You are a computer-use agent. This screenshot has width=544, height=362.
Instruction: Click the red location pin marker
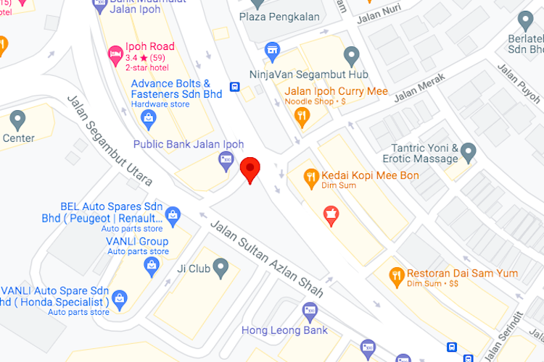tap(250, 169)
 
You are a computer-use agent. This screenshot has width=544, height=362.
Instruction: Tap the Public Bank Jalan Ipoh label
tap(188, 144)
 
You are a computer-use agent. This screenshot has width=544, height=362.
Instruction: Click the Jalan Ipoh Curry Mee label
tap(336, 91)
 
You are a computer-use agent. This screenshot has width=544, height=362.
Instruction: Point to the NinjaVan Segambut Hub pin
tap(352, 56)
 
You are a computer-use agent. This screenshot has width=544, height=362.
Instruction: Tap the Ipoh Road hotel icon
tap(115, 52)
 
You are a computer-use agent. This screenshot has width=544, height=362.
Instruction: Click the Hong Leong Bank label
tap(284, 330)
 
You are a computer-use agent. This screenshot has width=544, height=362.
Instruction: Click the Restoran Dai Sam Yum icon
tap(396, 275)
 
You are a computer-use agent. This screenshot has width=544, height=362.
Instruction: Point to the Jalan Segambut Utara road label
tap(110, 141)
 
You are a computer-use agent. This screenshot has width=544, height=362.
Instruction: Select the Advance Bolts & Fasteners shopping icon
tap(148, 117)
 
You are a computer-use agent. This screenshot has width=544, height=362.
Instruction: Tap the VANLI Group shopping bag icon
tap(151, 265)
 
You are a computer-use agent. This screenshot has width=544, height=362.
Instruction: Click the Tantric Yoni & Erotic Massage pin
tap(469, 152)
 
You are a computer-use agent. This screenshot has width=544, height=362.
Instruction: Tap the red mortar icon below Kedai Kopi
tap(331, 214)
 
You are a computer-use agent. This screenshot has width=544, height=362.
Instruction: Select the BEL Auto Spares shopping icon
tap(173, 214)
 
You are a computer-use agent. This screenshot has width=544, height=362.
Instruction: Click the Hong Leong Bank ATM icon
tap(309, 311)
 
